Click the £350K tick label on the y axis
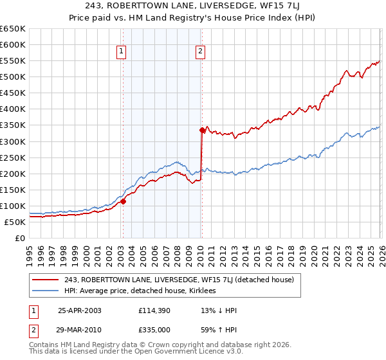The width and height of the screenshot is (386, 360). point(13,125)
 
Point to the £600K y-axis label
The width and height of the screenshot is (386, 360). point(13,45)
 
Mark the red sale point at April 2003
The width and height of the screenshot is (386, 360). point(123,201)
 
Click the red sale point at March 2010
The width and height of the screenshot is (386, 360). point(202,130)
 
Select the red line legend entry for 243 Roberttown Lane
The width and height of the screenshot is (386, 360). point(179,280)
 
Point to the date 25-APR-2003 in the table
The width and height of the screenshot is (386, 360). point(80,310)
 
